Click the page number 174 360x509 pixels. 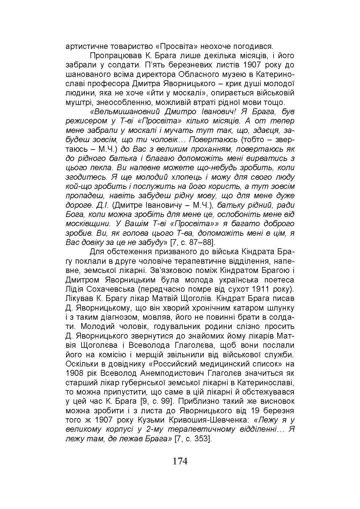[x=180, y=461]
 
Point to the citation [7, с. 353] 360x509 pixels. [x=193, y=439]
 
